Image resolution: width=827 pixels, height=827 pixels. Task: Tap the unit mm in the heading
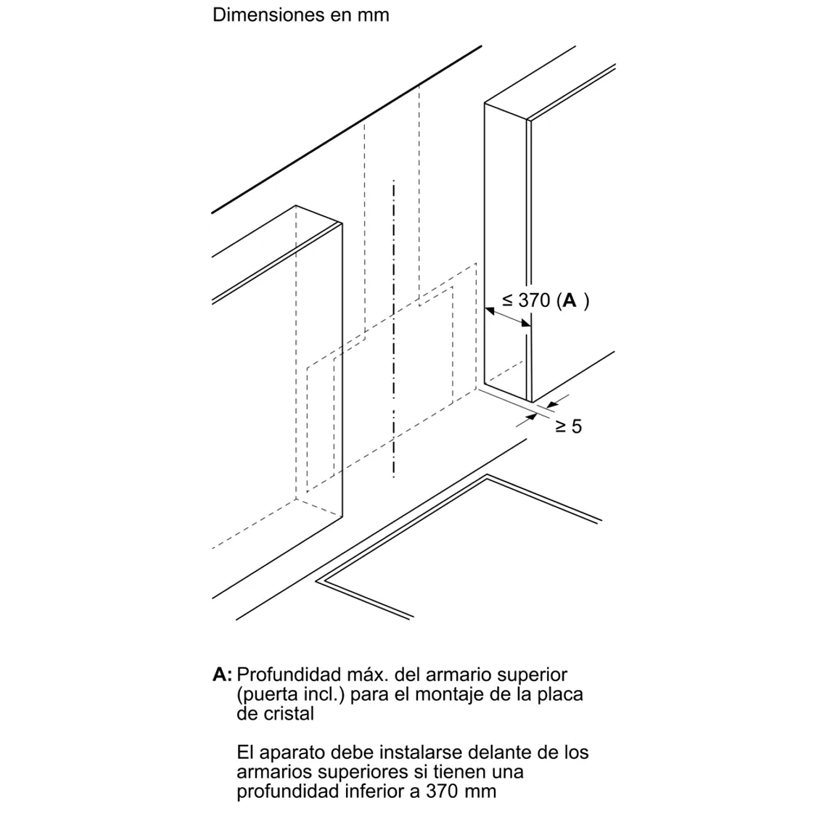point(374,16)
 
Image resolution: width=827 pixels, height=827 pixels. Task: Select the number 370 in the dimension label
point(534,300)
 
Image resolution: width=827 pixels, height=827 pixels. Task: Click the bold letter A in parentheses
point(569,300)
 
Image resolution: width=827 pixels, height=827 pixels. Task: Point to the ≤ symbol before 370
point(507,300)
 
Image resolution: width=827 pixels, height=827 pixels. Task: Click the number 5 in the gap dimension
point(576,426)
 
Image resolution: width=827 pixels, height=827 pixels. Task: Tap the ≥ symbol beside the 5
point(561,426)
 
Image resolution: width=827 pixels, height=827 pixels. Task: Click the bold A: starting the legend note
point(222,675)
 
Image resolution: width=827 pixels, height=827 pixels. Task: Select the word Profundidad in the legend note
point(289,675)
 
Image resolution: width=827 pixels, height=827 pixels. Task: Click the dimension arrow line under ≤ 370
point(507,317)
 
